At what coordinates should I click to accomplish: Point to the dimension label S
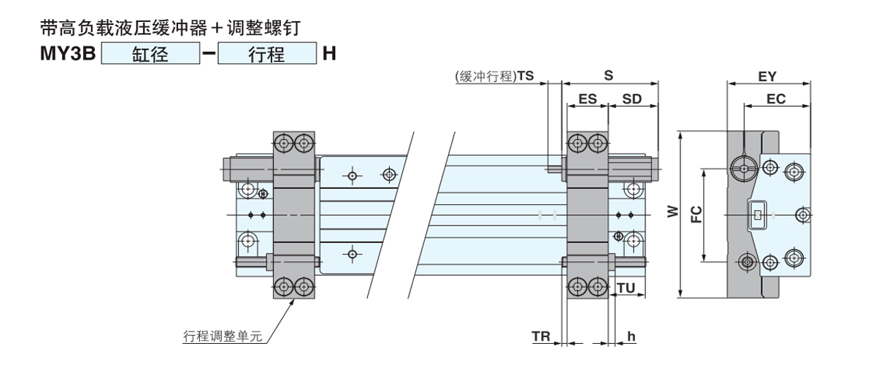[x=607, y=75]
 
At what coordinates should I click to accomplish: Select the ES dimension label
[x=587, y=99]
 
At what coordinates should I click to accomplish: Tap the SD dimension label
[x=632, y=99]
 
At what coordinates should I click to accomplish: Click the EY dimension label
[x=766, y=76]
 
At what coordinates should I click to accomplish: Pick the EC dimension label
[x=776, y=99]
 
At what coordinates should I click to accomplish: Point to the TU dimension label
[x=626, y=288]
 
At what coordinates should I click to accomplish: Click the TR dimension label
[x=541, y=337]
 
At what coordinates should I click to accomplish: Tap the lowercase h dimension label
[x=631, y=337]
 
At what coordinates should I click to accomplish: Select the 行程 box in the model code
[x=266, y=55]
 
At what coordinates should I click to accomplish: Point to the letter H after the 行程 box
[x=328, y=55]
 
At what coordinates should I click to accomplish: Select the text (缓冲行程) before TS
[x=485, y=75]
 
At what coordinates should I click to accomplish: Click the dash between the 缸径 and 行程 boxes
[x=208, y=55]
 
